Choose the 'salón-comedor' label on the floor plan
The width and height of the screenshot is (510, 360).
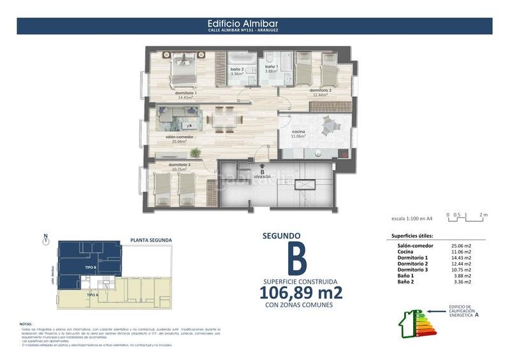(x=180, y=138)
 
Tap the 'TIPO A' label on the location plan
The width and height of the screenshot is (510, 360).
(x=92, y=295)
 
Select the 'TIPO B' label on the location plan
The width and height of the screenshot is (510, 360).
(x=91, y=268)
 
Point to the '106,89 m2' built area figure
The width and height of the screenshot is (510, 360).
(x=301, y=293)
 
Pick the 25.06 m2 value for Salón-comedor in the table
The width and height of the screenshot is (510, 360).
(x=461, y=245)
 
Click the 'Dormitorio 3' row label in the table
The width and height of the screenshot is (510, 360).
(x=413, y=270)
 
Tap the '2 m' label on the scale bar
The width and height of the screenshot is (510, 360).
(x=483, y=215)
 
